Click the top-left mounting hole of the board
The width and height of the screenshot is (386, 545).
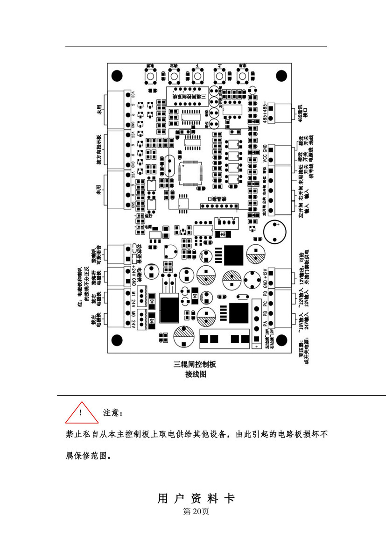[118, 75]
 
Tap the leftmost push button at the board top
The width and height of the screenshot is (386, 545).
[151, 76]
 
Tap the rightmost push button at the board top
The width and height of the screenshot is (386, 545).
[242, 76]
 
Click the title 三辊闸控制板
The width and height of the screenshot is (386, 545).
[195, 365]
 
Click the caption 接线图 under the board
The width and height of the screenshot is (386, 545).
[195, 374]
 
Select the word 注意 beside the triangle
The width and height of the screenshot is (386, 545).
[112, 413]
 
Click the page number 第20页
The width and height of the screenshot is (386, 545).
[196, 511]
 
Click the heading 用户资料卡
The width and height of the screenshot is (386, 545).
[196, 498]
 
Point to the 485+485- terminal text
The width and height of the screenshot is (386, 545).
[265, 112]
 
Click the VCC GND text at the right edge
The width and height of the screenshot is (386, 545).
[265, 155]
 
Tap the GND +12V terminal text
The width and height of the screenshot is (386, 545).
[265, 278]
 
